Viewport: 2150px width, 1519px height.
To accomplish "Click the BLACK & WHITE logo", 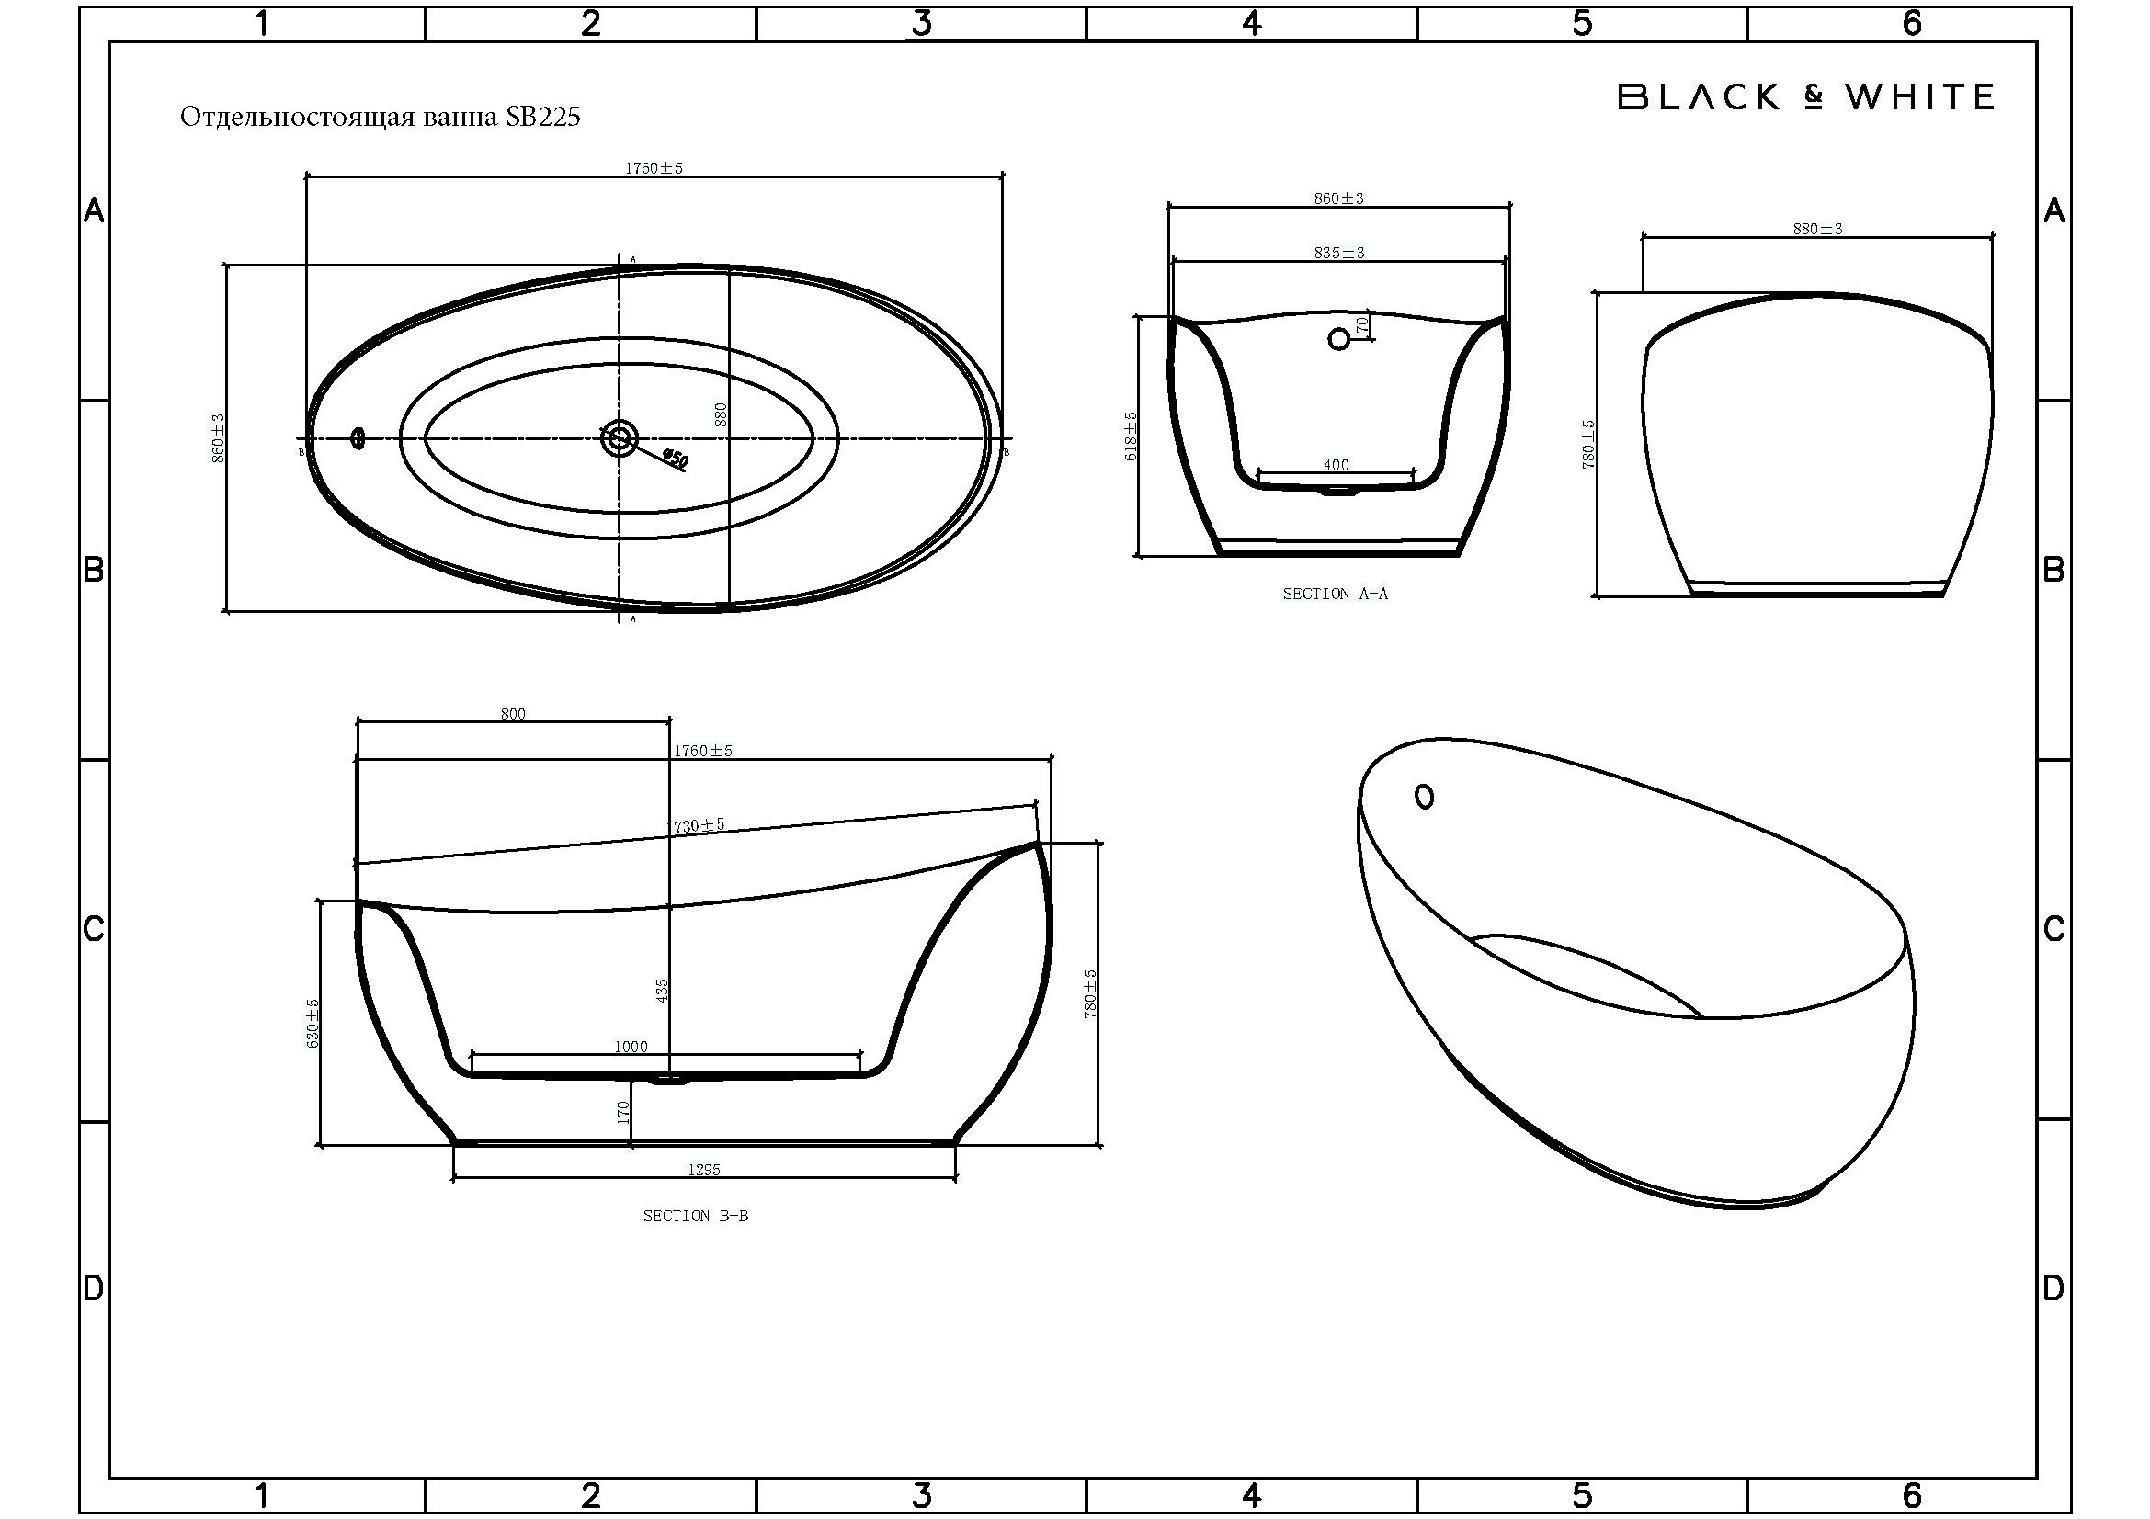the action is click(x=1806, y=97).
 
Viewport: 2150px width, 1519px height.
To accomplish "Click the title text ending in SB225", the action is click(x=381, y=117).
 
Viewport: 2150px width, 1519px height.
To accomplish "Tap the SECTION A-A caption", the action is click(x=1336, y=594).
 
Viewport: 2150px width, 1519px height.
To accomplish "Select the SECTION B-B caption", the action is click(x=696, y=1216).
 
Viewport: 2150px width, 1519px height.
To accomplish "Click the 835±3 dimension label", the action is click(x=1339, y=253).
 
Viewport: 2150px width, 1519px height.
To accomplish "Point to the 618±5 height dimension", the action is click(x=1131, y=436).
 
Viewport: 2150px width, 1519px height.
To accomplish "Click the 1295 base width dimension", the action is click(x=704, y=1169).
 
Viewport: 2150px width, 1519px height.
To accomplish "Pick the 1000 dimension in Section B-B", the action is click(x=631, y=1047).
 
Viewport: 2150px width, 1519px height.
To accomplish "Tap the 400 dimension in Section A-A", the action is click(x=1337, y=465).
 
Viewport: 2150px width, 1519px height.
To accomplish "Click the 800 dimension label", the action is click(x=513, y=714).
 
